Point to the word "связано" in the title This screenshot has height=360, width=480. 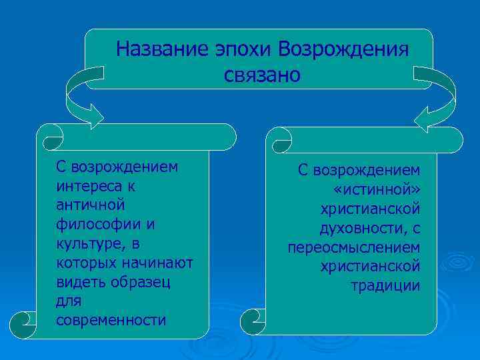(x=263, y=75)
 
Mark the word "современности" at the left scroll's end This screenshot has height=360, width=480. (x=111, y=320)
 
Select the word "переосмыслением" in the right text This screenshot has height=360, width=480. (x=354, y=248)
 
